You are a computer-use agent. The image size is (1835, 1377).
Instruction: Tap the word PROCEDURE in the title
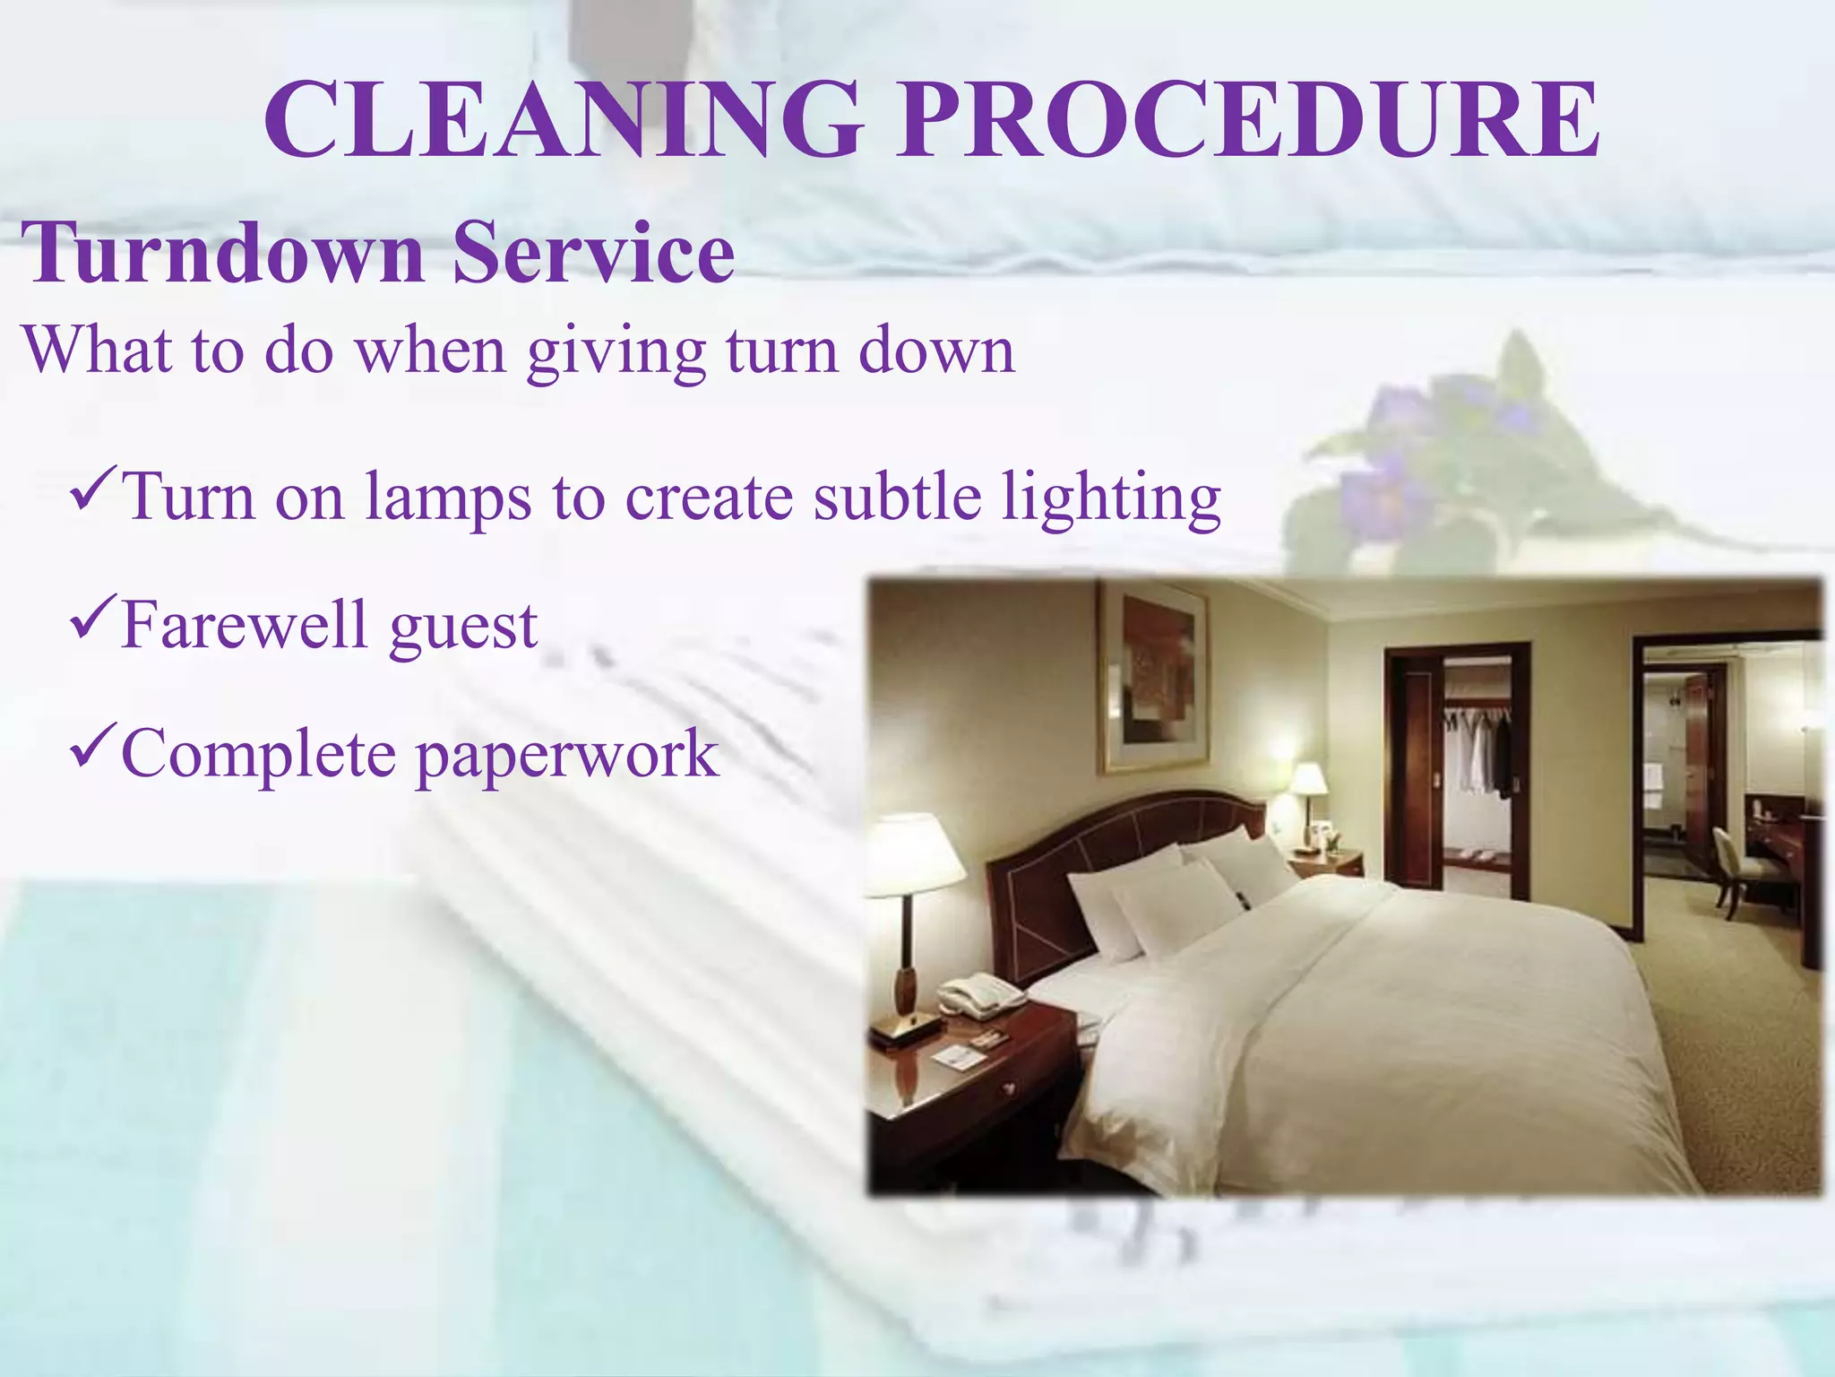pos(1249,120)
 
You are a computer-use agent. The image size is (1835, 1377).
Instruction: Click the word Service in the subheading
pos(593,253)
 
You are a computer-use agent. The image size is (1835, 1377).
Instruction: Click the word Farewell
pos(244,625)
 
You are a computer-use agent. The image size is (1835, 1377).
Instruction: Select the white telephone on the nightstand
pos(981,994)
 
